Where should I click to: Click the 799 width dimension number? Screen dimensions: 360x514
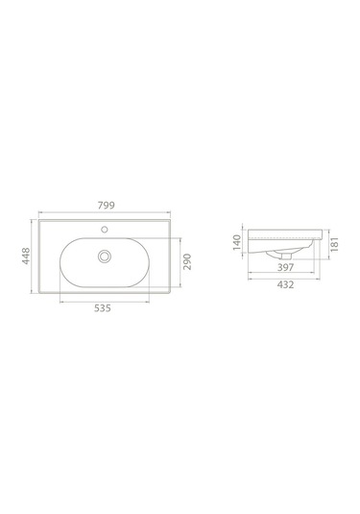click(x=107, y=206)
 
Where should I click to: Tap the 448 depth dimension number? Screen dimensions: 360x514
click(x=26, y=256)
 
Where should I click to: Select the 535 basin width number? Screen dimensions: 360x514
click(x=103, y=308)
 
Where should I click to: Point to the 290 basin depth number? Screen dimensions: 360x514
click(x=186, y=261)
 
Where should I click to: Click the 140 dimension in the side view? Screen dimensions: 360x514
click(x=237, y=242)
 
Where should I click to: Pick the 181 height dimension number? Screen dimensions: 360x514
click(x=334, y=245)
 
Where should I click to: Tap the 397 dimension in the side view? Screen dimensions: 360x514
click(x=286, y=267)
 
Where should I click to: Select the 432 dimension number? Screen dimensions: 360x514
click(x=286, y=284)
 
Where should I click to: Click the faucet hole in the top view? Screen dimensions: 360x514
click(x=105, y=229)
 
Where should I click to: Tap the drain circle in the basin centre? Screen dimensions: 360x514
click(x=105, y=256)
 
